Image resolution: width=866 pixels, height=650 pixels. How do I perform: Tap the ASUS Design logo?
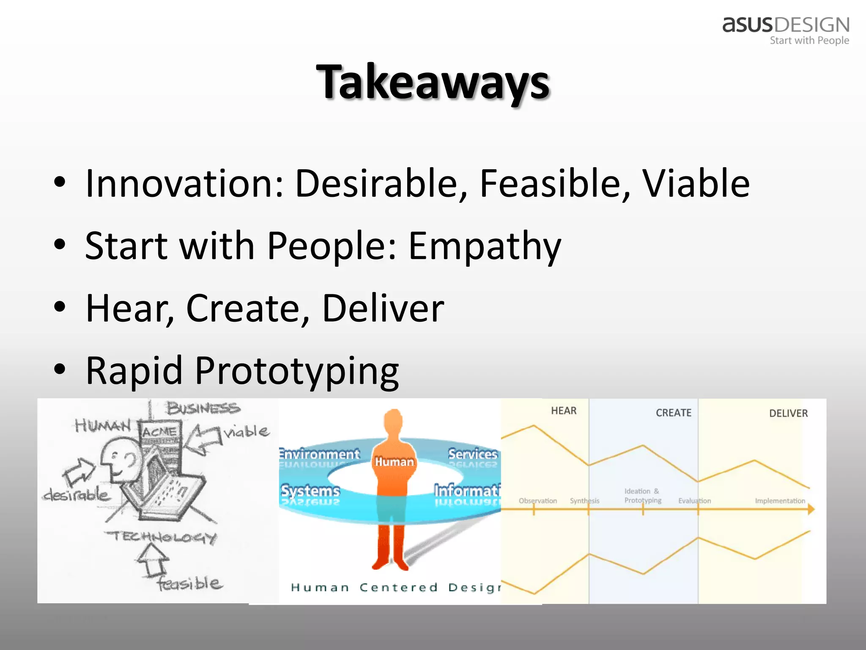click(786, 30)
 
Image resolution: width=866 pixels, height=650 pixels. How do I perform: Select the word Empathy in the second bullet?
click(485, 246)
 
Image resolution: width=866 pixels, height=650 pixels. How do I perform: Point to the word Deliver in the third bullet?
click(383, 308)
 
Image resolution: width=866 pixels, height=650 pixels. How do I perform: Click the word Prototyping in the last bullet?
click(297, 371)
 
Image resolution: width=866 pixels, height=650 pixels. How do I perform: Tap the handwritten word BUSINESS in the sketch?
click(203, 409)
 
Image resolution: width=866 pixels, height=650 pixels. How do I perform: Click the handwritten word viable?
click(247, 432)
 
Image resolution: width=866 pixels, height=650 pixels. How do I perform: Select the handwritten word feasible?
click(189, 584)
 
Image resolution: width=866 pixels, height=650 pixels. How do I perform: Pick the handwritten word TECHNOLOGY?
click(161, 537)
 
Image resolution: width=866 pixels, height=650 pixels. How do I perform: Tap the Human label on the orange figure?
click(394, 462)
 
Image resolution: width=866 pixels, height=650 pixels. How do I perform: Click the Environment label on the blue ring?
click(319, 454)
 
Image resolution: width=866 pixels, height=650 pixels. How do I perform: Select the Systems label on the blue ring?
click(310, 491)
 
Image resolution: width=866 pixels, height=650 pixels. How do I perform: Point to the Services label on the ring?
click(473, 454)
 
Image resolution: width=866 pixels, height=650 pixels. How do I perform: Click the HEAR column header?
click(564, 411)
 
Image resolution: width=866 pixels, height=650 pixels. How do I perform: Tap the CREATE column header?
click(674, 413)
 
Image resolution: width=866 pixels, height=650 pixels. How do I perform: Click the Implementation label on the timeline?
click(780, 501)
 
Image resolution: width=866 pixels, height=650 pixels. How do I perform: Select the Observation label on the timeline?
click(537, 501)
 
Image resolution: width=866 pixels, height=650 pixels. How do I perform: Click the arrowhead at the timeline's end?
click(811, 509)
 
